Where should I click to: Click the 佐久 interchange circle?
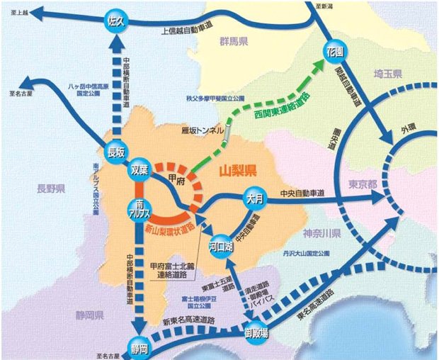click(x=116, y=22)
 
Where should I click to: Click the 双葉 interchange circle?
click(x=140, y=171)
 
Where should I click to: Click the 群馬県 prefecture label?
click(x=232, y=43)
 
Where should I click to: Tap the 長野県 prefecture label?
click(x=52, y=189)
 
